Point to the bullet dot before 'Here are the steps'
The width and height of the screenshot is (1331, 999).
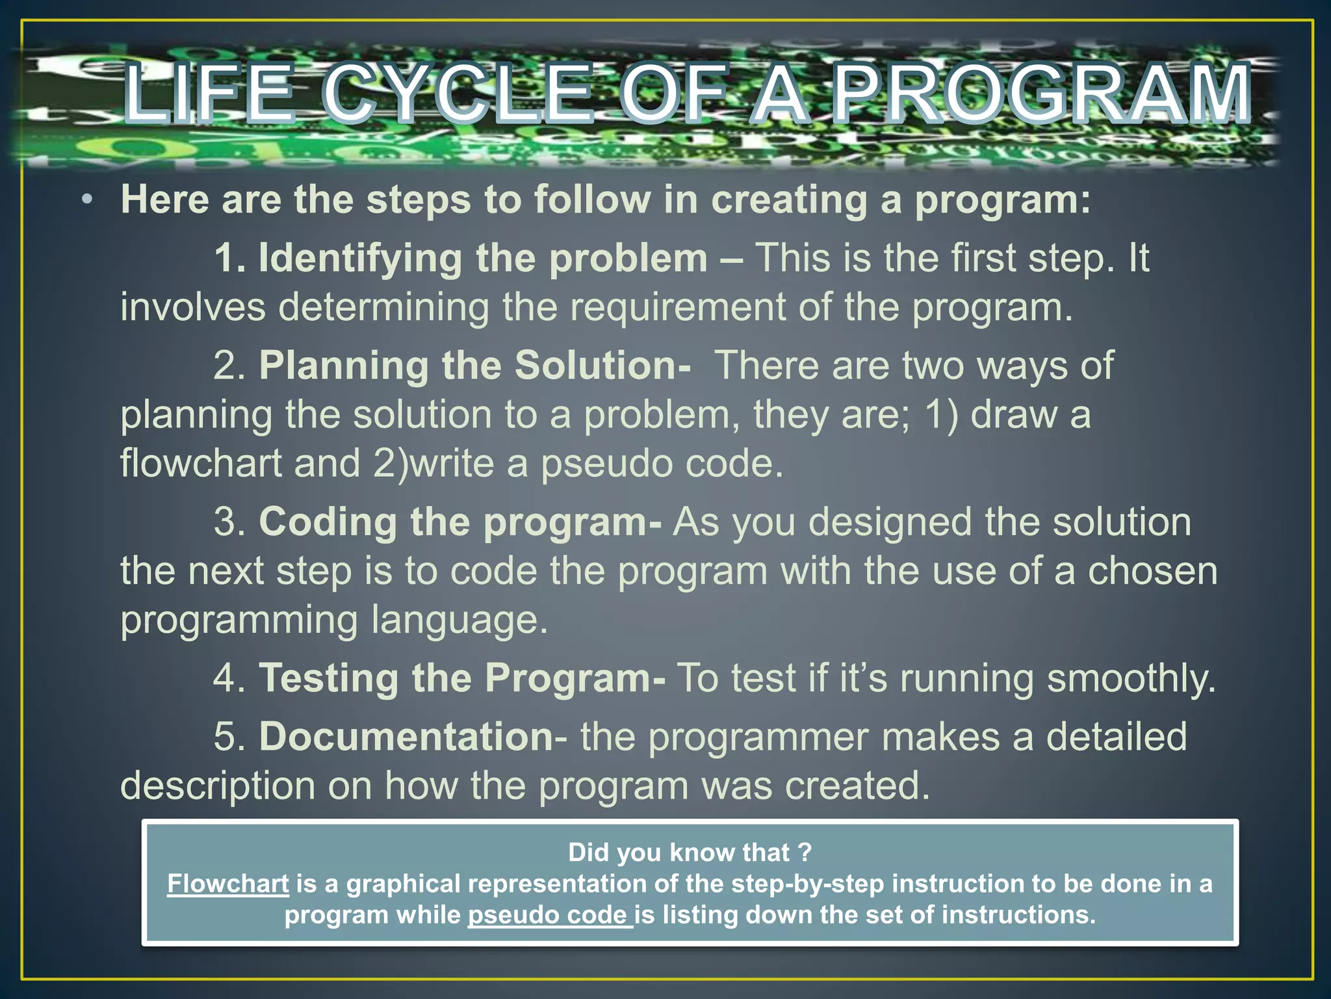[87, 200]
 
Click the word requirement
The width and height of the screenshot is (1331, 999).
[678, 307]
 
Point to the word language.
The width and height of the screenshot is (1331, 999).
[459, 620]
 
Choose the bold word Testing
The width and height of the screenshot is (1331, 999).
[329, 678]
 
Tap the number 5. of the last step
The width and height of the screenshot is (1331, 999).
[229, 737]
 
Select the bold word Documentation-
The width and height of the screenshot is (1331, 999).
[413, 737]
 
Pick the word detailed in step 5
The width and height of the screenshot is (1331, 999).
[1116, 737]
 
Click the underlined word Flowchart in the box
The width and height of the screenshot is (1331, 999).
[227, 884]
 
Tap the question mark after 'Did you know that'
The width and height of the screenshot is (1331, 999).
[805, 853]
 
